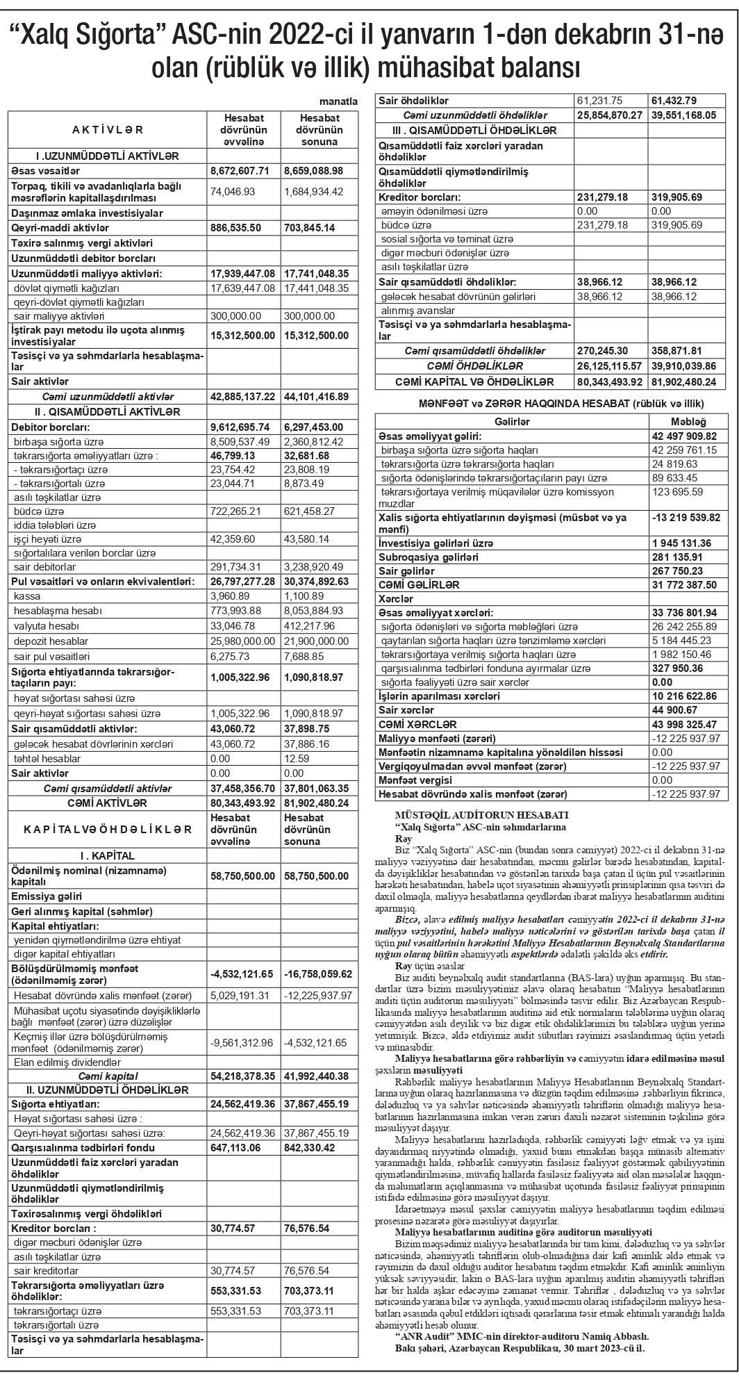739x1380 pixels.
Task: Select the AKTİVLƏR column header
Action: tap(108, 129)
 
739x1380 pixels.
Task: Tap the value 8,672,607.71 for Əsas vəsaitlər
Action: tap(242, 170)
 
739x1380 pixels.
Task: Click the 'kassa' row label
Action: tap(28, 596)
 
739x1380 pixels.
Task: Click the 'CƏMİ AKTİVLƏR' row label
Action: tap(107, 803)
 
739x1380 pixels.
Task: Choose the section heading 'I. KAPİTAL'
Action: tap(107, 855)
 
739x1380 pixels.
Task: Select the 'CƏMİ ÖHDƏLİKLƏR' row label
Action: tap(475, 365)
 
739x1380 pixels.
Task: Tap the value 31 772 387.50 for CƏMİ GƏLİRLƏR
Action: tap(685, 585)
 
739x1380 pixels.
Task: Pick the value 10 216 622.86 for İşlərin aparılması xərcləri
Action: tap(685, 696)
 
